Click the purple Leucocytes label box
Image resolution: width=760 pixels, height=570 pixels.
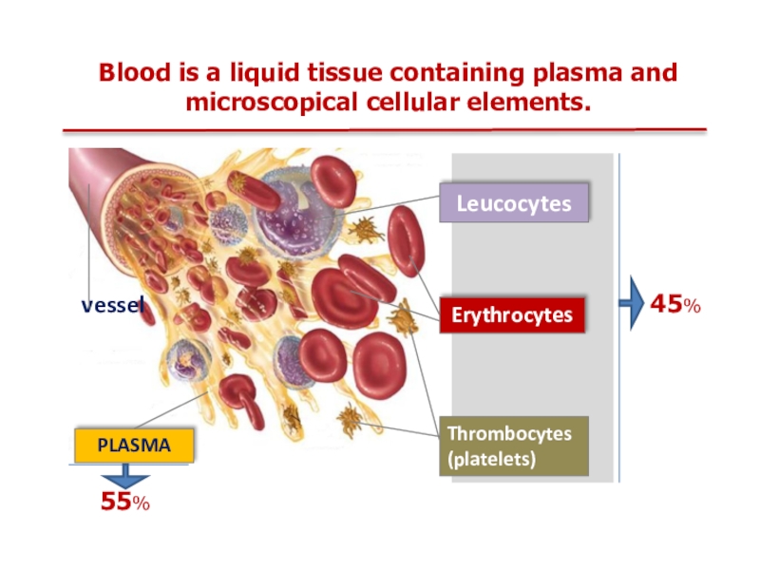pyautogui.click(x=514, y=203)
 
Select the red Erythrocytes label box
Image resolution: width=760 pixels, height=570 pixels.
pyautogui.click(x=512, y=314)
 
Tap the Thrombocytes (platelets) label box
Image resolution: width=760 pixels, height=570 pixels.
pyautogui.click(x=513, y=446)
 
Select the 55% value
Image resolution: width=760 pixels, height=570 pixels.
pyautogui.click(x=125, y=503)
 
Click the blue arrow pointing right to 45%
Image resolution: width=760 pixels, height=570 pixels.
pyautogui.click(x=631, y=304)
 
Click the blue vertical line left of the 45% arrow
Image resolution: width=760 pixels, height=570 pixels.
pyautogui.click(x=618, y=313)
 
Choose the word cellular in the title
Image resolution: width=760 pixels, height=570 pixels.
pyautogui.click(x=410, y=101)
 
